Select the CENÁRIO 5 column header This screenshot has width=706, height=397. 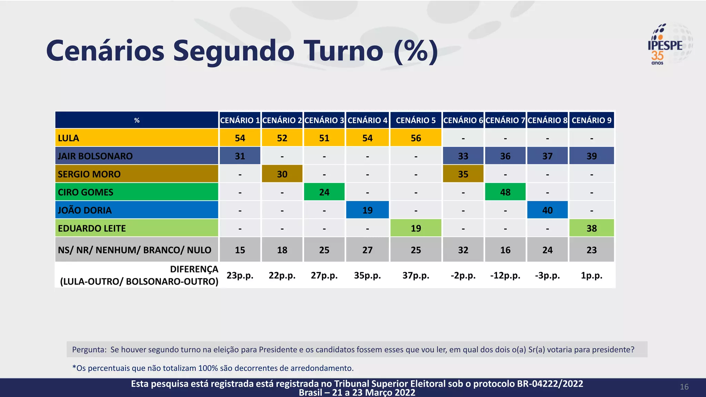(415, 120)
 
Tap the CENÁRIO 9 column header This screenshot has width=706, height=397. (592, 120)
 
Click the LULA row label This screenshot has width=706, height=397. (68, 138)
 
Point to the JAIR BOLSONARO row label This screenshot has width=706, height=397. (95, 156)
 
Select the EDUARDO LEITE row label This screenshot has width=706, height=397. (92, 228)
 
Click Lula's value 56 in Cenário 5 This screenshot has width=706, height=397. (416, 138)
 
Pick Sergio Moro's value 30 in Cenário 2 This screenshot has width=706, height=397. (282, 174)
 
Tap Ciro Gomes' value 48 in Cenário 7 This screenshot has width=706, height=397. (505, 192)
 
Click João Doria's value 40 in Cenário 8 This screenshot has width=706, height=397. (547, 210)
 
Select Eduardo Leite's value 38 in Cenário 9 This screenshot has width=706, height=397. (592, 228)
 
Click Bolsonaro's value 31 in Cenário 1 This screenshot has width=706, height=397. (240, 156)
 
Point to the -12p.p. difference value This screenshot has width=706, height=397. (505, 275)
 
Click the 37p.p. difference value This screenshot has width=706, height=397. (416, 275)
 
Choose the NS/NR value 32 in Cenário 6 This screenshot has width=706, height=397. (463, 250)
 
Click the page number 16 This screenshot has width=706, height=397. (684, 387)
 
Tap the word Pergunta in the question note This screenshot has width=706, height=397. (89, 350)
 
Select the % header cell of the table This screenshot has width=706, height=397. (137, 120)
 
